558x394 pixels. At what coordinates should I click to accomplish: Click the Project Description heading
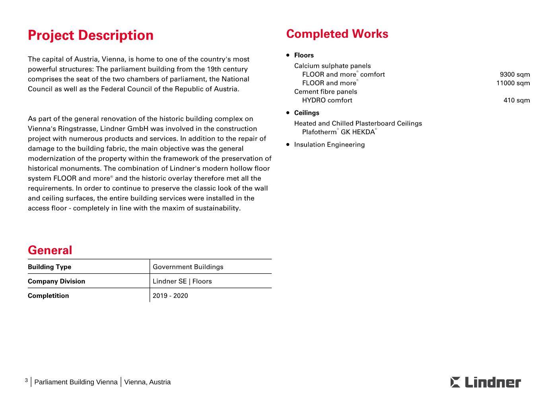[91, 35]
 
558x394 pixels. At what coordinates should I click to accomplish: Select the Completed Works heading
[337, 34]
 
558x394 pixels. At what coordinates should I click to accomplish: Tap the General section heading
[50, 250]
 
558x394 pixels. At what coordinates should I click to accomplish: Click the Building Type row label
[49, 267]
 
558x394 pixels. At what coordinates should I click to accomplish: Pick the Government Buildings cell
[188, 267]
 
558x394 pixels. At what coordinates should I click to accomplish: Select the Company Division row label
[56, 281]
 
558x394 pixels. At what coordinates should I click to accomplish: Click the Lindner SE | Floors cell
[182, 281]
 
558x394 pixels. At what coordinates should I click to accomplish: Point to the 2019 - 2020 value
[170, 295]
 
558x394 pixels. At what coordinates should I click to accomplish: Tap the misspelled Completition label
[48, 295]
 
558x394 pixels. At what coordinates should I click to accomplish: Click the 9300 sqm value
[515, 75]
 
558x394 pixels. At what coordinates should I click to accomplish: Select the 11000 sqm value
[513, 83]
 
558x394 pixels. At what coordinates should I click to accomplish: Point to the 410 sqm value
[517, 100]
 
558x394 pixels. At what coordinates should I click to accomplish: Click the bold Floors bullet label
[304, 55]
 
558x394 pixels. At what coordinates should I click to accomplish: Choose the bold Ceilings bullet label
[307, 113]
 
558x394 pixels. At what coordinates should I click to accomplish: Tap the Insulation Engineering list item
[329, 145]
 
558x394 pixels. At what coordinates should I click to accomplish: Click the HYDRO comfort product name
[327, 100]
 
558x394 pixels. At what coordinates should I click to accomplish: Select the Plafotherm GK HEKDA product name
[339, 132]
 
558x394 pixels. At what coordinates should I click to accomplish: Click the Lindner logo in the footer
[486, 382]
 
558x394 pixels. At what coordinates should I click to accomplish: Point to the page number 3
[26, 380]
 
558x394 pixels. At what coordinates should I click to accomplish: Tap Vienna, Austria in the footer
[147, 382]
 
